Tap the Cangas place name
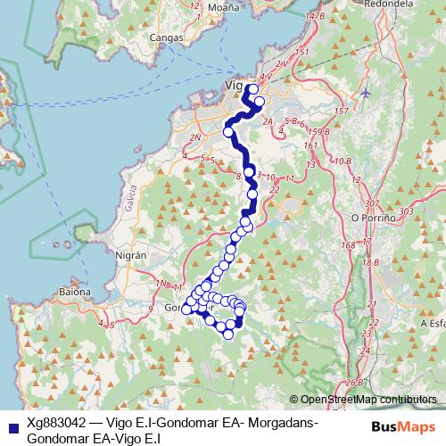click(x=169, y=38)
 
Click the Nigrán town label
click(x=130, y=254)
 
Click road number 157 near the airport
click(x=340, y=111)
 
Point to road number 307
click(x=372, y=204)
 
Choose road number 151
click(x=301, y=54)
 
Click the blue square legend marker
click(x=10, y=425)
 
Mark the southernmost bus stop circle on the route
click(x=228, y=334)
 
